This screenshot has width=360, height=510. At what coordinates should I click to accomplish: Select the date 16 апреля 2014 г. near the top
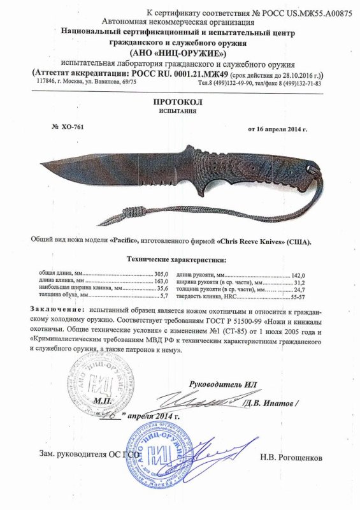[x=277, y=129]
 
